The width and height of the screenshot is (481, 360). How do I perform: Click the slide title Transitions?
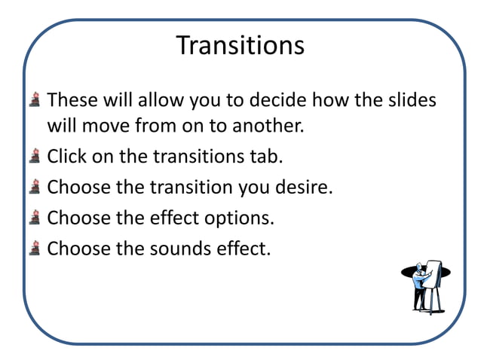(x=240, y=46)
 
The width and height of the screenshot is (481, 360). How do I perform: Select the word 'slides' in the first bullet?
(x=411, y=100)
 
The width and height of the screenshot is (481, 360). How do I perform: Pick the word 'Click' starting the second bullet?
(x=66, y=157)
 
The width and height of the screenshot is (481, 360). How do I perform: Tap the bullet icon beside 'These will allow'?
(x=35, y=100)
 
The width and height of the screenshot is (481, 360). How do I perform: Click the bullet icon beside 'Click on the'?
(x=35, y=157)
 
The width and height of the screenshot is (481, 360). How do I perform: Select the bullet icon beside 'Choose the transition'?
(x=35, y=188)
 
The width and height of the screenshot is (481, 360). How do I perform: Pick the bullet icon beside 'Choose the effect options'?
(x=35, y=218)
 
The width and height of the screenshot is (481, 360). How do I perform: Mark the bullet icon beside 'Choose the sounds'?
(x=35, y=248)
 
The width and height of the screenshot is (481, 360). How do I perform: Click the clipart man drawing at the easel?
(x=420, y=288)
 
